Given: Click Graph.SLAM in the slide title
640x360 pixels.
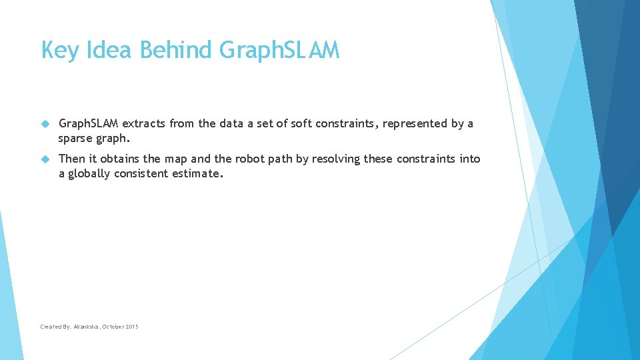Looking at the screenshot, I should pos(279,51).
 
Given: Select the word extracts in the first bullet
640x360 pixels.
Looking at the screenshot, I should pos(144,123).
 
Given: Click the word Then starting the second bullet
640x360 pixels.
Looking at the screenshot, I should pos(73,159).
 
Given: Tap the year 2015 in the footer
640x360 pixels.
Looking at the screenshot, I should pos(131,327).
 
